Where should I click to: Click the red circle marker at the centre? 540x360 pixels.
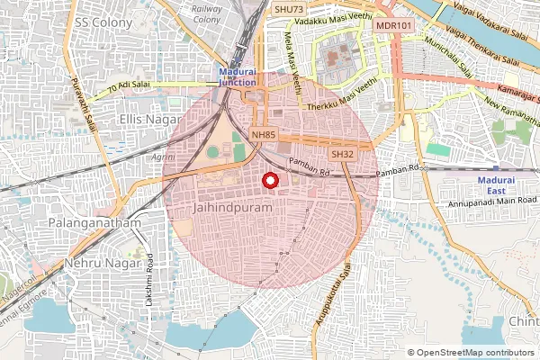tap(268, 182)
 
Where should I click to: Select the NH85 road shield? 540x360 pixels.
tap(263, 135)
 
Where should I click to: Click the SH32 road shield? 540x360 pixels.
tap(341, 155)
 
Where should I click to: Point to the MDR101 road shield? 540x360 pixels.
tap(393, 25)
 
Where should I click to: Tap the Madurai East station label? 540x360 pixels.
tap(496, 185)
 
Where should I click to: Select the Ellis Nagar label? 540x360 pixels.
tap(149, 118)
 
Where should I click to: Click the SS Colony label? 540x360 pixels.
tap(100, 21)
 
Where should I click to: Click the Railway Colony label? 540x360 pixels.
tap(207, 13)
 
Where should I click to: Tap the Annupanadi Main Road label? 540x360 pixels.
tap(490, 202)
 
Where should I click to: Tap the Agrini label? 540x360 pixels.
tap(163, 157)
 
